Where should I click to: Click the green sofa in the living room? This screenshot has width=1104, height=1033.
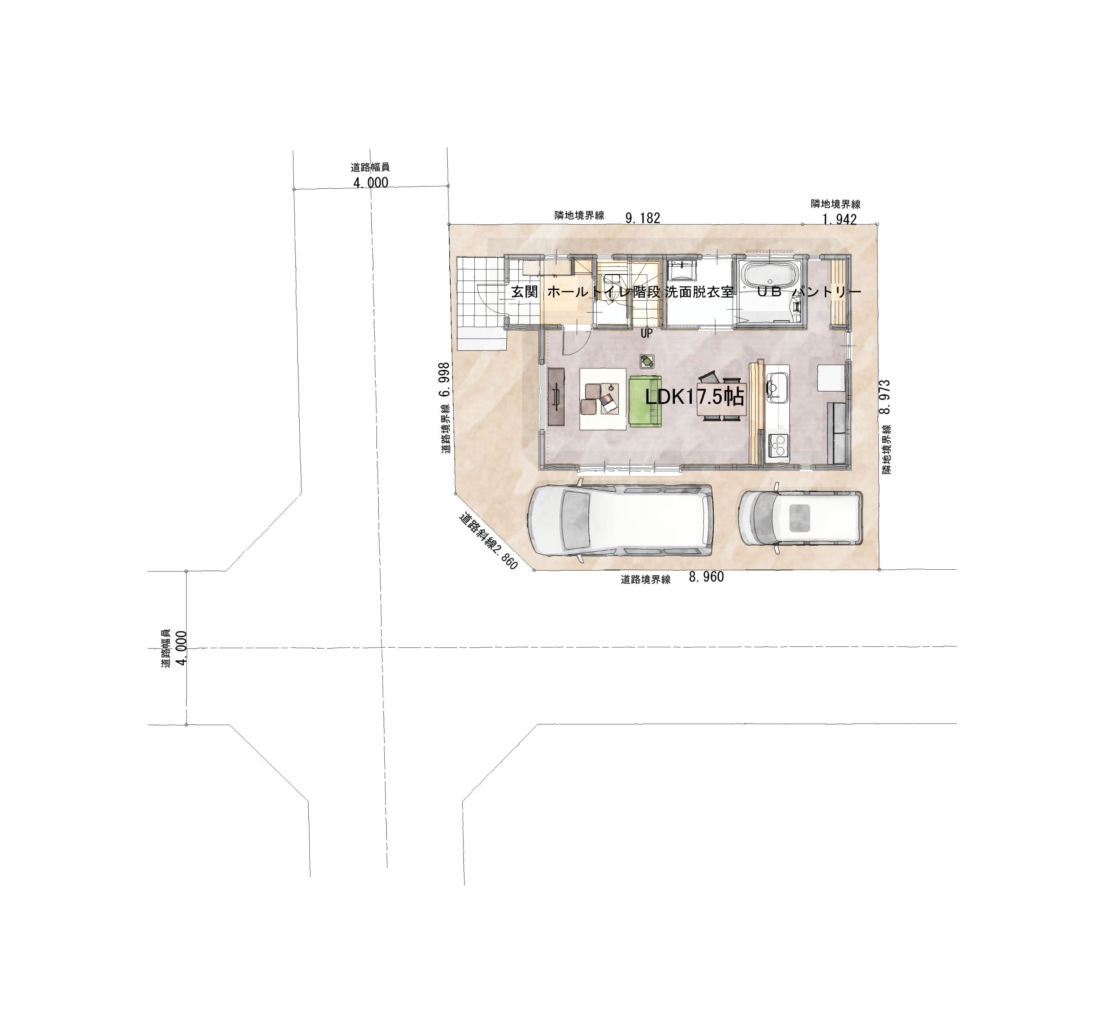(645, 402)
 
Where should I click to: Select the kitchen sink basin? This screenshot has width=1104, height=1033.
(776, 384)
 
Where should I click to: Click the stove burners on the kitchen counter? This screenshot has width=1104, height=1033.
(778, 444)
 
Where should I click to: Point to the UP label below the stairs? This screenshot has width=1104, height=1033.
(646, 334)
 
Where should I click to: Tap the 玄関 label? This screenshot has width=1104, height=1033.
(524, 292)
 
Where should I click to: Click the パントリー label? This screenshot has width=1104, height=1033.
(826, 292)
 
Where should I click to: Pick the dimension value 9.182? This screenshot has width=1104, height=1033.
(643, 218)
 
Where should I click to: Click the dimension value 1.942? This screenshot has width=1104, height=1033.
(839, 219)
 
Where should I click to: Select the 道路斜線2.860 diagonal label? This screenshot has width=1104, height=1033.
(488, 541)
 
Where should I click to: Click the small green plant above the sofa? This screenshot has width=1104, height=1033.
(646, 361)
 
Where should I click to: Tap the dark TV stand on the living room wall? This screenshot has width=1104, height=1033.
(556, 396)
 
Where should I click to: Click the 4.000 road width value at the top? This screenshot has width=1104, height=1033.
(371, 183)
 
